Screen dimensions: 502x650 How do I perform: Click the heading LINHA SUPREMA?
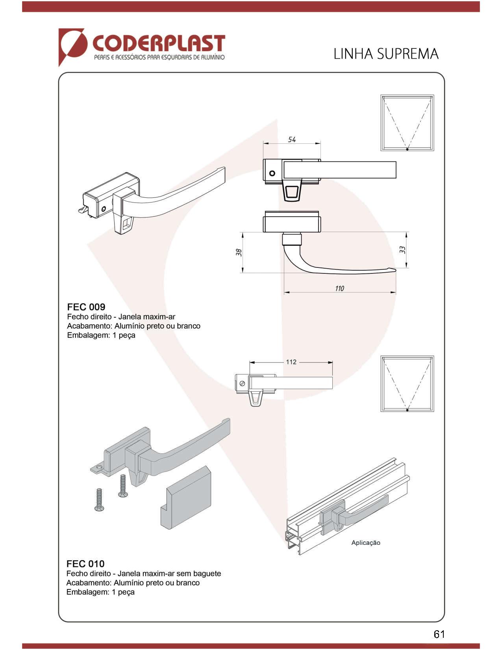pyautogui.click(x=386, y=54)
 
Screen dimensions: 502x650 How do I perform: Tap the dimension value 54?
pyautogui.click(x=292, y=139)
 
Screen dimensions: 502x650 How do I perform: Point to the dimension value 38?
pyautogui.click(x=239, y=252)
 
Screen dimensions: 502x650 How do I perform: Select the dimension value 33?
pyautogui.click(x=402, y=249)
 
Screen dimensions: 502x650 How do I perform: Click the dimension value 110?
pyautogui.click(x=339, y=288)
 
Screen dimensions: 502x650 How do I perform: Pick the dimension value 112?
pyautogui.click(x=291, y=362)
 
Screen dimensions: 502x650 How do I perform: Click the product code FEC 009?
pyautogui.click(x=86, y=307)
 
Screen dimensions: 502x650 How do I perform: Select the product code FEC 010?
pyautogui.click(x=85, y=564)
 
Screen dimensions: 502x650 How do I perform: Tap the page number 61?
pyautogui.click(x=439, y=634)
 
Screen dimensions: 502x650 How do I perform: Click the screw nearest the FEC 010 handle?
pyautogui.click(x=122, y=486)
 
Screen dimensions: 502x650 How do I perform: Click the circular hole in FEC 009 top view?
pyautogui.click(x=272, y=173)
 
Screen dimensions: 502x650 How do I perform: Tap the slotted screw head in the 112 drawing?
pyautogui.click(x=242, y=383)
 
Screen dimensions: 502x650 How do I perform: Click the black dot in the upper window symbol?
pyautogui.click(x=407, y=149)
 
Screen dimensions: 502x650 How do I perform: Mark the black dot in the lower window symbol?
pyautogui.click(x=407, y=410)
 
